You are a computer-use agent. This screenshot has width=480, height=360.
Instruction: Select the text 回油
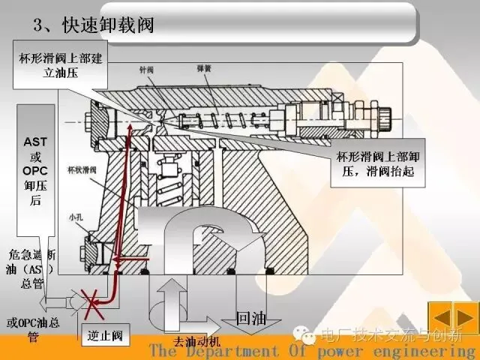coord(250,318)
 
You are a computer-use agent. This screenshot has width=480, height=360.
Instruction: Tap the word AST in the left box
coord(36,141)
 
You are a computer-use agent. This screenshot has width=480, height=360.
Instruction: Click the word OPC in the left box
coord(36,171)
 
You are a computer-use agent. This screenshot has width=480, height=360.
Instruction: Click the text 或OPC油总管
coord(30,330)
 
